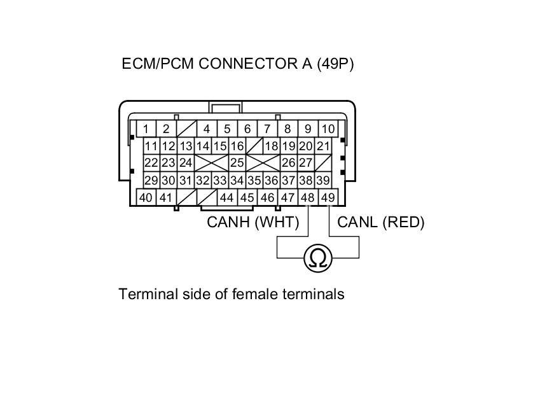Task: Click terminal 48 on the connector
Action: click(308, 197)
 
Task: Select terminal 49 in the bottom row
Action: click(328, 197)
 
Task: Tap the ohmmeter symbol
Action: click(318, 258)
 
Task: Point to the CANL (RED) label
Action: click(380, 222)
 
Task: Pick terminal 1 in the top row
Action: click(146, 129)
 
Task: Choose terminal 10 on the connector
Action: click(328, 129)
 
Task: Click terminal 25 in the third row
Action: click(237, 163)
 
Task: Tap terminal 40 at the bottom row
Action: click(146, 197)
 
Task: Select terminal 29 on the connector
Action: click(151, 181)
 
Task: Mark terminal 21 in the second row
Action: click(323, 146)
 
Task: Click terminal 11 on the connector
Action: click(151, 146)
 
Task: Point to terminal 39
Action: click(323, 181)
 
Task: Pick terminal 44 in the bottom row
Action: click(226, 197)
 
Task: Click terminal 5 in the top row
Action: click(227, 129)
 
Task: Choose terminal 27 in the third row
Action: click(306, 163)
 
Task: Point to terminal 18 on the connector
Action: click(272, 146)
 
